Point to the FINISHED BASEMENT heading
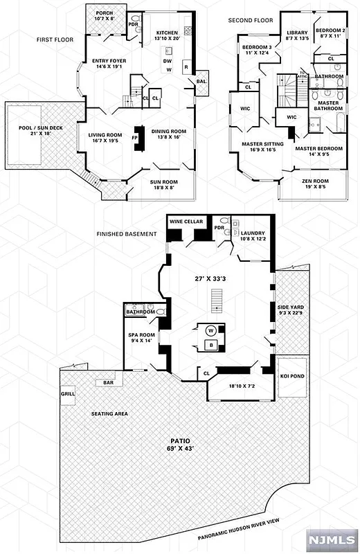point(127,234)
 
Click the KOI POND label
point(290,376)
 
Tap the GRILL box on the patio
point(67,393)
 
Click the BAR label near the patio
point(108,382)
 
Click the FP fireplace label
point(136,137)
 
